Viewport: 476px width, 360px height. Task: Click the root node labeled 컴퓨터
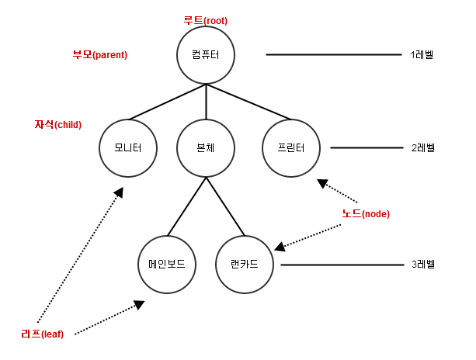point(206,55)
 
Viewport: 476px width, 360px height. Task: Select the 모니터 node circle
point(129,147)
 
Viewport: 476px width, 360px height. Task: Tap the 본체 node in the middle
point(206,147)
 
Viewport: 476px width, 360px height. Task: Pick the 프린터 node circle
point(290,147)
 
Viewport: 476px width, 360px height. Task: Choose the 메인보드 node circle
point(167,264)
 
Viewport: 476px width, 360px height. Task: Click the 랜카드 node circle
point(245,264)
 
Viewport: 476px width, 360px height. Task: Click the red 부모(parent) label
point(99,55)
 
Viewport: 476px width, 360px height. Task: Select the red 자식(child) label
point(58,124)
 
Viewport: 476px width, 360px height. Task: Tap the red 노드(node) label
point(365,213)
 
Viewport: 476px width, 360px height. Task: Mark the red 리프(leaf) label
point(42,334)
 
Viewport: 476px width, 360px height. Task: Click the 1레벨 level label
point(422,55)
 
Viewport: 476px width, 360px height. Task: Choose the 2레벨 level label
point(422,147)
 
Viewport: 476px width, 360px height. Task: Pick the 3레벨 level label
point(422,265)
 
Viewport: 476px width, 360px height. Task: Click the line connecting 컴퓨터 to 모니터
point(167,102)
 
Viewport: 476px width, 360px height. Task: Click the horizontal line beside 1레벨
point(334,55)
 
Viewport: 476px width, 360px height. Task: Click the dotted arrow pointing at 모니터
point(78,248)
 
